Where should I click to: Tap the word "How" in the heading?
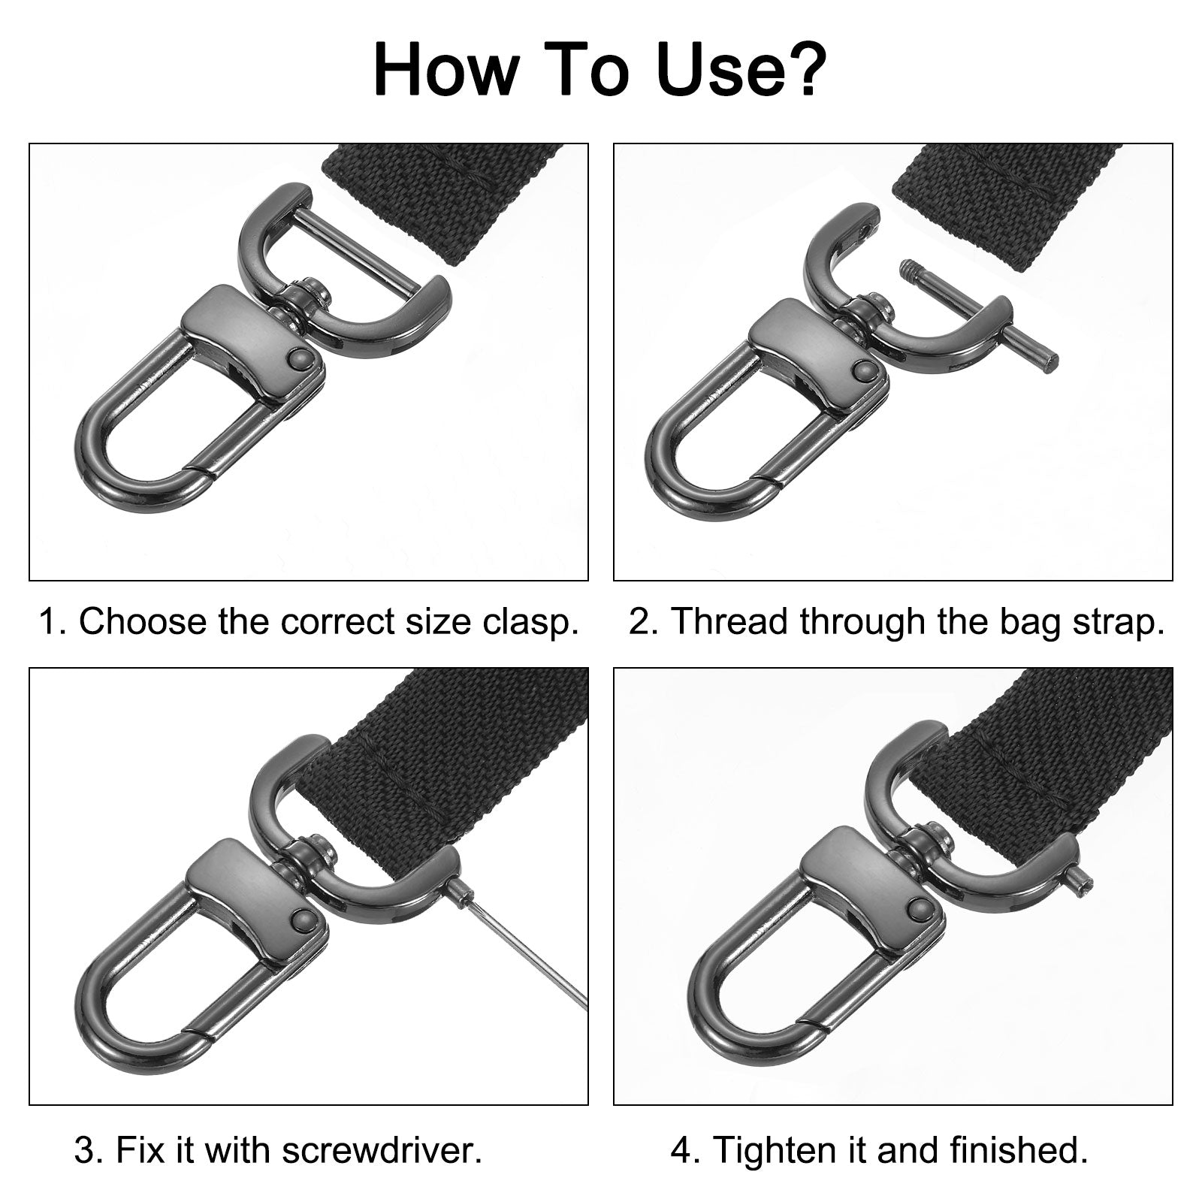(x=445, y=71)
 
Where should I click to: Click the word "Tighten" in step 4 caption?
(x=774, y=1151)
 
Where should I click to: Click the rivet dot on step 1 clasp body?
(x=301, y=359)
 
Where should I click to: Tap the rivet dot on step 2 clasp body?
(x=865, y=370)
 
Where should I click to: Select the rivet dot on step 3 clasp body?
(x=304, y=919)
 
